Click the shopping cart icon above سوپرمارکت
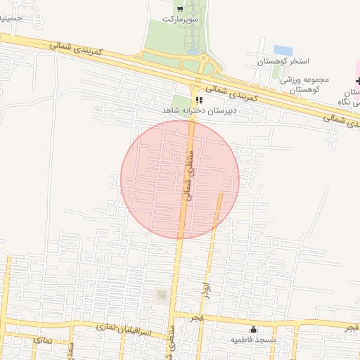(x=180, y=9)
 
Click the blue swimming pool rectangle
(x=283, y=51)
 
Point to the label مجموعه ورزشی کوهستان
(x=301, y=85)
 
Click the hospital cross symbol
(x=359, y=82)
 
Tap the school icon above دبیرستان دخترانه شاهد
(x=199, y=100)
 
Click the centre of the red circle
(x=180, y=179)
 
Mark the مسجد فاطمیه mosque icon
(x=253, y=329)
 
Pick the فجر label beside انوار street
(x=194, y=320)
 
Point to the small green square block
(x=161, y=295)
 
